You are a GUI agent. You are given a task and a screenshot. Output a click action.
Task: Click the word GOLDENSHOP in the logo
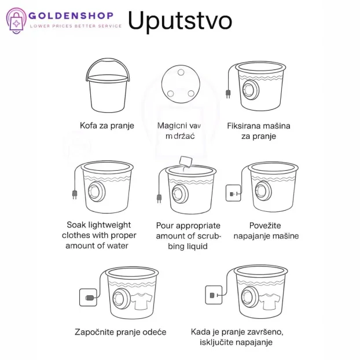pyautogui.click(x=71, y=16)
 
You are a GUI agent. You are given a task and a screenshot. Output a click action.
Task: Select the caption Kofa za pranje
pyautogui.click(x=106, y=125)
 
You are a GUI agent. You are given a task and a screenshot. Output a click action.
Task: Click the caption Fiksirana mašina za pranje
pyautogui.click(x=259, y=131)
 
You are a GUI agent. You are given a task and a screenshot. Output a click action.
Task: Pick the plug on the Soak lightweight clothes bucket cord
pyautogui.click(x=74, y=195)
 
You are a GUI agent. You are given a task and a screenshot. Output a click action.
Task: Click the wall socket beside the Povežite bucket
pyautogui.click(x=233, y=192)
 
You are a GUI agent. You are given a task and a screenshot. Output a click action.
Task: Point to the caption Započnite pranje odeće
pyautogui.click(x=120, y=332)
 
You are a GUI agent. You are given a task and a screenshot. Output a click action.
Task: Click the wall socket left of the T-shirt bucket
pyautogui.click(x=87, y=297)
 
